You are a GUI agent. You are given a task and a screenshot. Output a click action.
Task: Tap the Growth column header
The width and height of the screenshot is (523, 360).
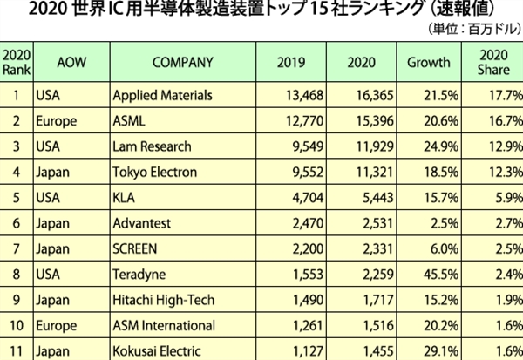click(x=429, y=62)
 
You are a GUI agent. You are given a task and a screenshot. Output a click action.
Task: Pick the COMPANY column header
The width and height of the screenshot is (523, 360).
click(x=182, y=62)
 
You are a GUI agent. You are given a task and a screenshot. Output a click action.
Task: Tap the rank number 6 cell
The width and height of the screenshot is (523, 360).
click(x=16, y=223)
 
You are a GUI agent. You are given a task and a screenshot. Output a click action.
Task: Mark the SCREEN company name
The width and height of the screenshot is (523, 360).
click(x=137, y=249)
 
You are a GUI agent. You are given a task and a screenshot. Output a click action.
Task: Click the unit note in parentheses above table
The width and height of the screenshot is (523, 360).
click(x=472, y=30)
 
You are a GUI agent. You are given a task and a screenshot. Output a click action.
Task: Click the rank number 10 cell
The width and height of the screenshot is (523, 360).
click(x=16, y=327)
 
